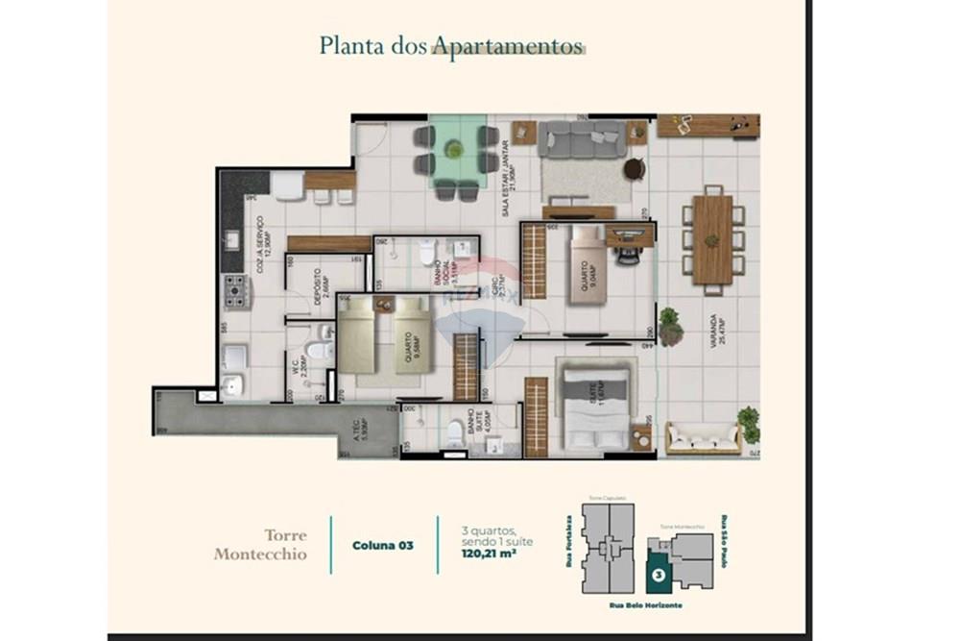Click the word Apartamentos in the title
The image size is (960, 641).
(x=508, y=46)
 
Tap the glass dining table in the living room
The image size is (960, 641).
(x=455, y=150)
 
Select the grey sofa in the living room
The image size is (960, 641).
(x=582, y=139)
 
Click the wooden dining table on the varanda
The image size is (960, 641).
(x=711, y=239)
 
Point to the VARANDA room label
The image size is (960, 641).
(x=714, y=331)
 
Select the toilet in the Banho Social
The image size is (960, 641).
(x=426, y=253)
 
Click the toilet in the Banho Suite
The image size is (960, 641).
(x=454, y=434)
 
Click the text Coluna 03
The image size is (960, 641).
(x=383, y=545)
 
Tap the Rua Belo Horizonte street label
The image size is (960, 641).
(x=645, y=604)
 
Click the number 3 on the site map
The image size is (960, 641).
(x=658, y=577)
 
